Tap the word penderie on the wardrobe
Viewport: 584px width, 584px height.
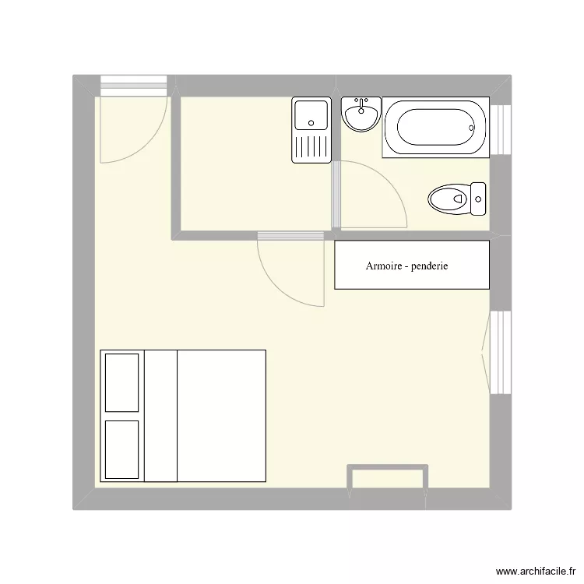pyautogui.click(x=429, y=266)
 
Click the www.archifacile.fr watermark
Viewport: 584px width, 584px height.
pyautogui.click(x=536, y=572)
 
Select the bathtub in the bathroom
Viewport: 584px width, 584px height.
pyautogui.click(x=436, y=127)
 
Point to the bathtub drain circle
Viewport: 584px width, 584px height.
pyautogui.click(x=471, y=128)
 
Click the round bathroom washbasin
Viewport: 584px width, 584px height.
pyautogui.click(x=361, y=114)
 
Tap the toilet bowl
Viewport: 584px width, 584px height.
pyautogui.click(x=449, y=199)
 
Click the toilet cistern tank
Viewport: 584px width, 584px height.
pyautogui.click(x=478, y=199)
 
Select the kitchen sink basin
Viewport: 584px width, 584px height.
pyautogui.click(x=311, y=115)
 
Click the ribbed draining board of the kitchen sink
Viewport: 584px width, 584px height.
pyautogui.click(x=311, y=146)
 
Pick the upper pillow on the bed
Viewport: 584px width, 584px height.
pyautogui.click(x=121, y=383)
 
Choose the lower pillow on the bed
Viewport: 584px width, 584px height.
pyautogui.click(x=121, y=449)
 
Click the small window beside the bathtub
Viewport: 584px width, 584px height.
pyautogui.click(x=500, y=129)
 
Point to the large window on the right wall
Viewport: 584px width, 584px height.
pyautogui.click(x=500, y=352)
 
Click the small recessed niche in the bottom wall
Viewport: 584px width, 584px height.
pyautogui.click(x=387, y=477)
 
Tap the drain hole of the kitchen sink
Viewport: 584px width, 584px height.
pyautogui.click(x=311, y=123)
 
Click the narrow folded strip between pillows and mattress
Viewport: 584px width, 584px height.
pyautogui.click(x=160, y=416)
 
